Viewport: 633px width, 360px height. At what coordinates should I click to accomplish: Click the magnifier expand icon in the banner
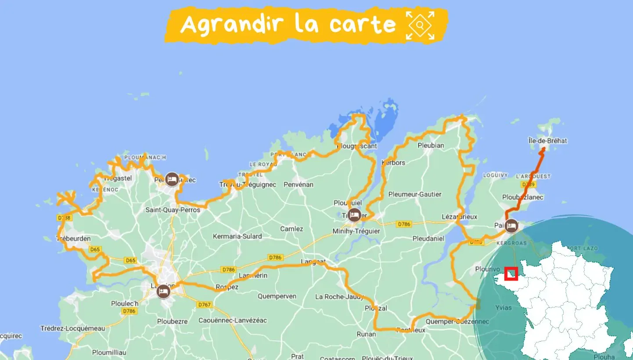pyautogui.click(x=420, y=25)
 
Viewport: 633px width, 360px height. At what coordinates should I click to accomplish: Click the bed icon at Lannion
pyautogui.click(x=164, y=291)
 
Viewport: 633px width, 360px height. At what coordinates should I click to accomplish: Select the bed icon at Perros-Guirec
pyautogui.click(x=172, y=179)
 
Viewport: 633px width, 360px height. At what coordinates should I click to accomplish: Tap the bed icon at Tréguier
pyautogui.click(x=354, y=215)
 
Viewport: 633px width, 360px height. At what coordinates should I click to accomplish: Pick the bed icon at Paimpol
pyautogui.click(x=511, y=226)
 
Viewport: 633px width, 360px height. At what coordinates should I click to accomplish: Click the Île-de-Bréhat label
pyautogui.click(x=547, y=141)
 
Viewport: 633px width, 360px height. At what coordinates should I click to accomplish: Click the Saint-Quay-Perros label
pyautogui.click(x=173, y=210)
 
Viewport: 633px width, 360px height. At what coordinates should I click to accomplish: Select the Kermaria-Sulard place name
pyautogui.click(x=237, y=236)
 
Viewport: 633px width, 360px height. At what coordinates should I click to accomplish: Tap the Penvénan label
pyautogui.click(x=299, y=184)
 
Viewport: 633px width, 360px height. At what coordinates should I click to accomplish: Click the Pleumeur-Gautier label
pyautogui.click(x=415, y=194)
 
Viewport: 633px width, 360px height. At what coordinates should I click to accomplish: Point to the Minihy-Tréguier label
pyautogui.click(x=356, y=231)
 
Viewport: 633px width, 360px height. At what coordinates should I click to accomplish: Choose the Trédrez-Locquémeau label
pyautogui.click(x=72, y=328)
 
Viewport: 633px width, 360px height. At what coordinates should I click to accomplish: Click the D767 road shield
pyautogui.click(x=204, y=305)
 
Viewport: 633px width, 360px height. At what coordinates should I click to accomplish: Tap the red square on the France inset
pyautogui.click(x=511, y=274)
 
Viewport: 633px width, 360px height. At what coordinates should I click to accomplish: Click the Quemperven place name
pyautogui.click(x=277, y=296)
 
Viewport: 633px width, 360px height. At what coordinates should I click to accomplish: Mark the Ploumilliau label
pyautogui.click(x=109, y=352)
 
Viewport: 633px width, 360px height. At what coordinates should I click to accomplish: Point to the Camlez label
pyautogui.click(x=291, y=229)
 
